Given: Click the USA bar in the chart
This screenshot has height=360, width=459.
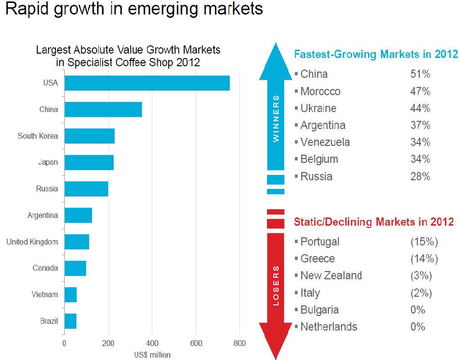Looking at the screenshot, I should click(x=147, y=83).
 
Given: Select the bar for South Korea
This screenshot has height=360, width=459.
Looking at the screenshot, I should click(x=89, y=136).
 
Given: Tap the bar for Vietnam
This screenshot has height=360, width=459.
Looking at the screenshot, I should click(x=71, y=294).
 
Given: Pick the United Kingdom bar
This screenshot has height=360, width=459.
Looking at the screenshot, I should click(x=77, y=242).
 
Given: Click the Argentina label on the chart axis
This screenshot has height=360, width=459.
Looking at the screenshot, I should click(x=43, y=216).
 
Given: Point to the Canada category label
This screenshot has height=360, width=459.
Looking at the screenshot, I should click(x=45, y=268).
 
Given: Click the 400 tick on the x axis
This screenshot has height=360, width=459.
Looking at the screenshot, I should click(x=152, y=344).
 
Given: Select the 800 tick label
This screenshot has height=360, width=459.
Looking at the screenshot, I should click(x=239, y=344).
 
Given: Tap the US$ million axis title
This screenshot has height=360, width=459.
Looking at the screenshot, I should click(x=152, y=355).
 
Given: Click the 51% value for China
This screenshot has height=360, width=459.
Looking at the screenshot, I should click(x=420, y=74).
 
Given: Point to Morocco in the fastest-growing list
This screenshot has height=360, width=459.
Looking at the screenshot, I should click(x=320, y=91).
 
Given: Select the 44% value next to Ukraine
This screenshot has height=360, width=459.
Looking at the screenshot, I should click(x=420, y=108).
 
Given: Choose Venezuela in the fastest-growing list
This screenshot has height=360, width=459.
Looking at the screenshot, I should click(x=325, y=143).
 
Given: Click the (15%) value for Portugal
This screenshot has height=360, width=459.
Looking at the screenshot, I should click(x=424, y=242).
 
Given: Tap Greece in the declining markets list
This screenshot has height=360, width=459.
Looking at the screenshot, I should click(x=317, y=259).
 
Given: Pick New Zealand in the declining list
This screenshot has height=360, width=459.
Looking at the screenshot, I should click(x=331, y=276).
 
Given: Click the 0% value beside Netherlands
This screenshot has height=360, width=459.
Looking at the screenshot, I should click(x=417, y=327).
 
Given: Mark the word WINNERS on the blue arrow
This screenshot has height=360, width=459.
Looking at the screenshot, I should click(x=276, y=118).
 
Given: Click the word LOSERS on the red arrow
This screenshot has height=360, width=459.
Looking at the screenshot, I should click(x=276, y=285).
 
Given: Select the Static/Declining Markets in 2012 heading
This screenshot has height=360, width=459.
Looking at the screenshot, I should click(x=374, y=222).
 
